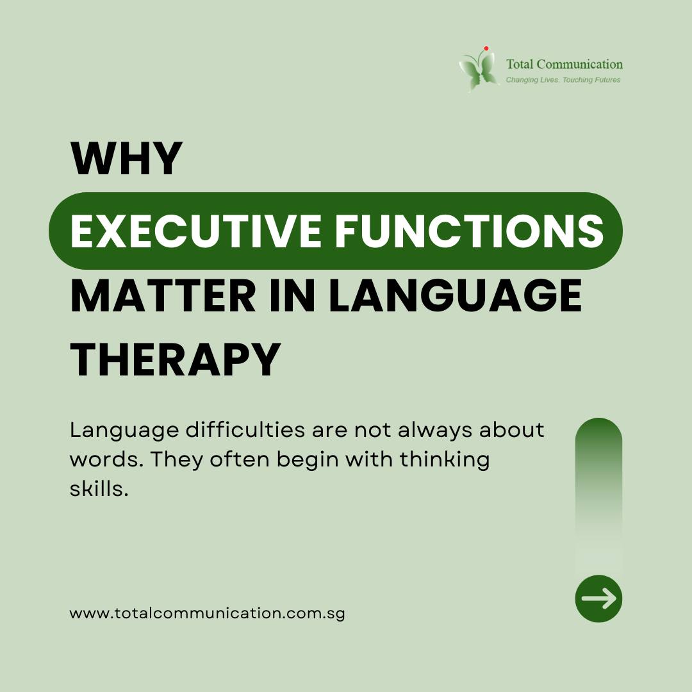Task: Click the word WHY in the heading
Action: click(x=126, y=159)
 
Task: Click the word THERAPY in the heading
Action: click(x=176, y=360)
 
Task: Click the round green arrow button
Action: click(x=598, y=598)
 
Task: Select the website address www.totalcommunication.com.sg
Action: click(x=207, y=613)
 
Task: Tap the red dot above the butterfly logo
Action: click(x=486, y=48)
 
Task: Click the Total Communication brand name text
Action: click(x=564, y=64)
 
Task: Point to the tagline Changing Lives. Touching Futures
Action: click(x=563, y=80)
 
